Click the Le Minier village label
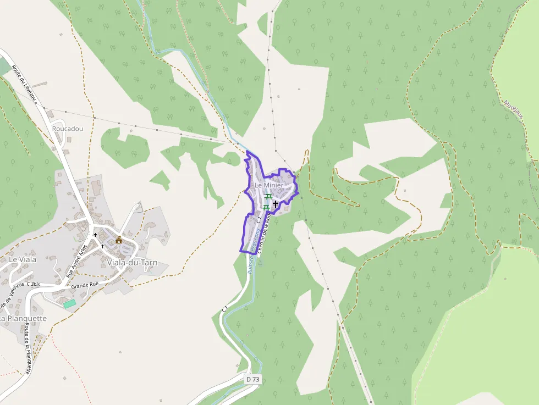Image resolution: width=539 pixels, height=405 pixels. click(269, 186)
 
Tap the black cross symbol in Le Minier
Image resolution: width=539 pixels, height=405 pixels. click(276, 204)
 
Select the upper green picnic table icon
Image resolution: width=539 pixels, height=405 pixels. click(268, 196)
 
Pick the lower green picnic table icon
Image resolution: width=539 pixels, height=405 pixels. click(266, 207)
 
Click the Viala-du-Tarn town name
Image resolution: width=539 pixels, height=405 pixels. click(133, 263)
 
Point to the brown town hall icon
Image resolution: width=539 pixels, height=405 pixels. click(119, 240)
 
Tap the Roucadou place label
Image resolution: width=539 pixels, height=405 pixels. click(68, 129)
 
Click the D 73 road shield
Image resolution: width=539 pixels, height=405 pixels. click(252, 379)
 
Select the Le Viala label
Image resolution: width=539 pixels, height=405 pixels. click(21, 259)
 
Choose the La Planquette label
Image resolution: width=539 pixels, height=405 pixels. click(23, 318)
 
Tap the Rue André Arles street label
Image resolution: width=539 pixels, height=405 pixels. click(77, 260)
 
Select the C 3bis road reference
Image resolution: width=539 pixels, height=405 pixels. click(34, 284)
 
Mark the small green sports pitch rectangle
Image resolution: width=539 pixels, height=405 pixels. click(69, 303)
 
